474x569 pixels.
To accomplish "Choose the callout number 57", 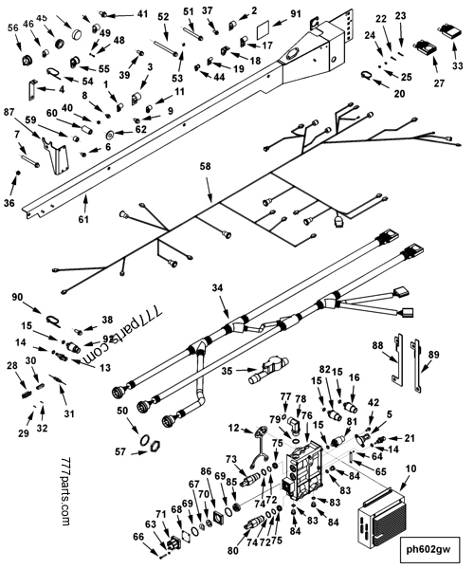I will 119,453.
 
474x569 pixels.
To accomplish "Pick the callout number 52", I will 163,17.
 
